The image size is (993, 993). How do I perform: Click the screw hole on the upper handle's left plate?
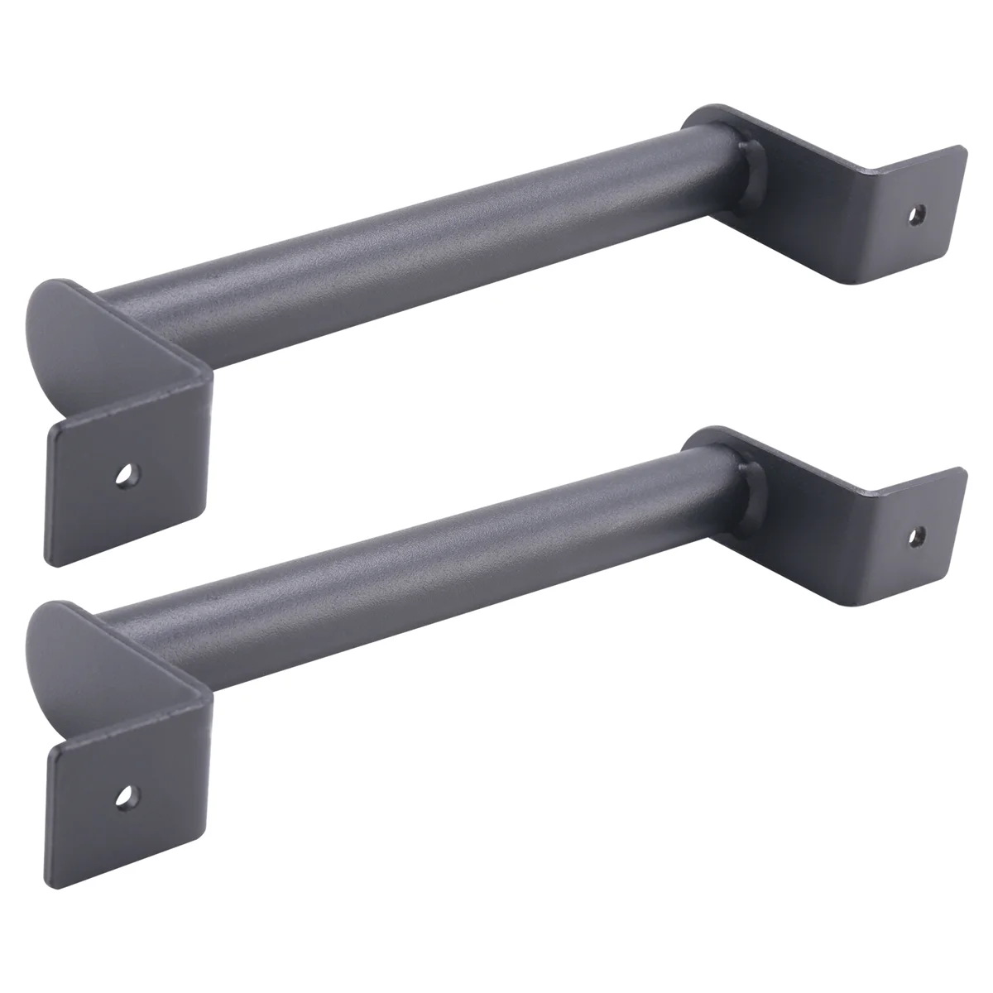126,475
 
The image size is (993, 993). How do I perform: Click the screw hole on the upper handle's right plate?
915,214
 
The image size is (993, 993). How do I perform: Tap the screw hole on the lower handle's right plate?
915,535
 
